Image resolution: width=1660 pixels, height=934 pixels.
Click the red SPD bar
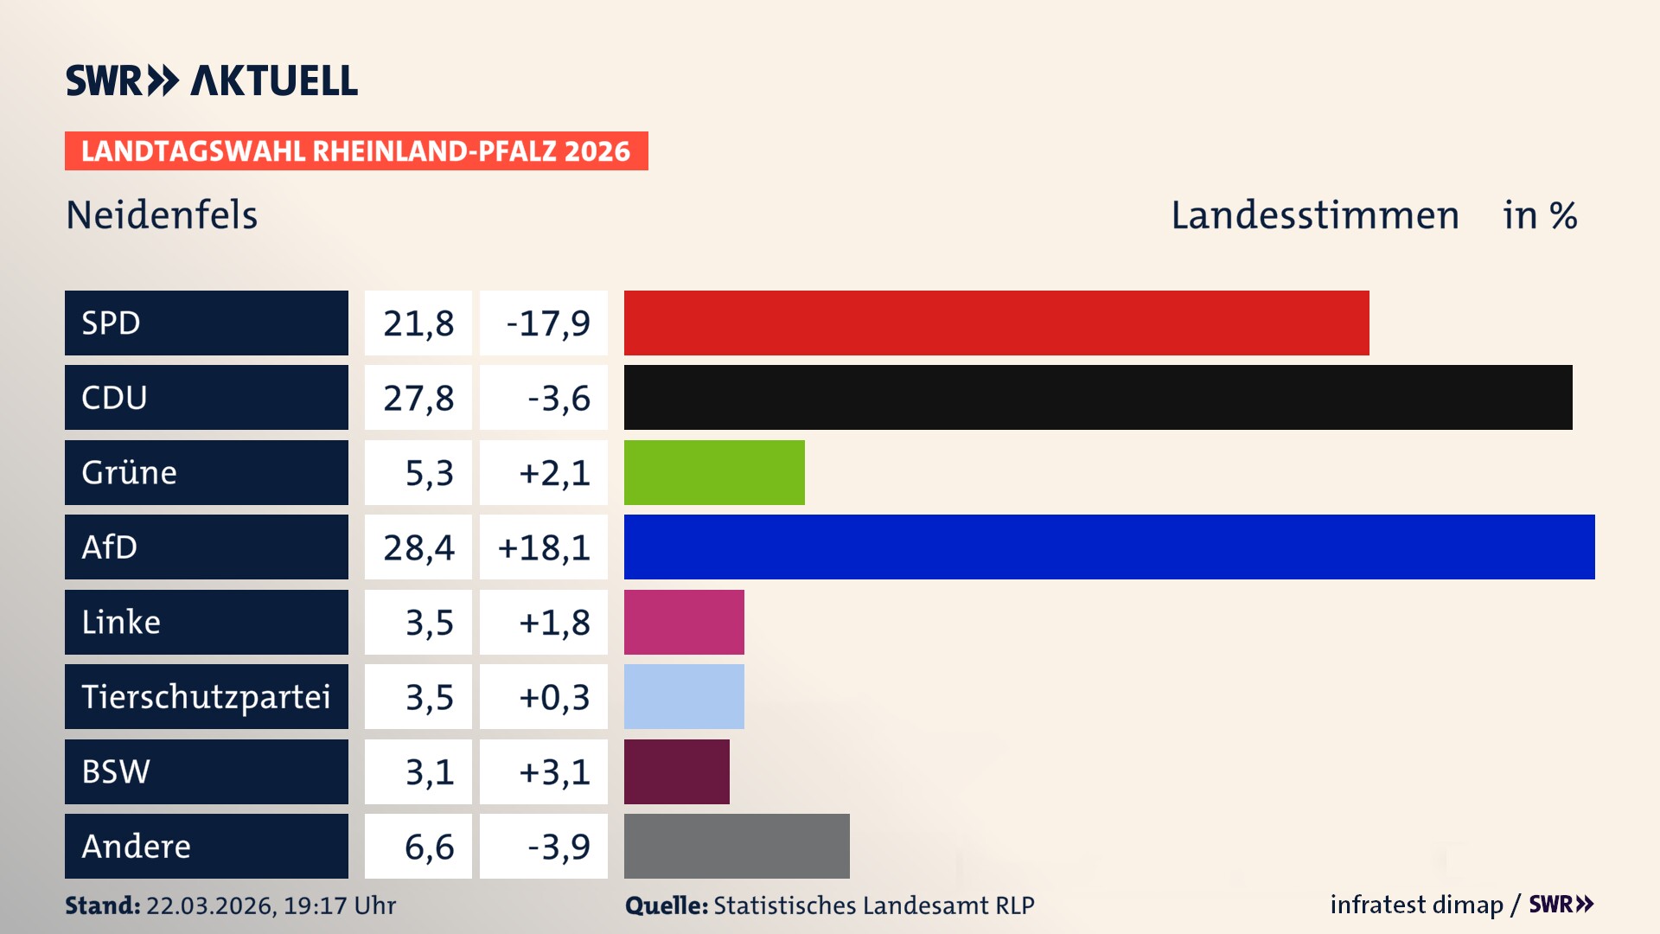point(996,323)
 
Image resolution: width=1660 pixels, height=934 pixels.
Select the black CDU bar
point(1098,398)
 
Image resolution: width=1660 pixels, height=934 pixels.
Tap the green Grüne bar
point(714,472)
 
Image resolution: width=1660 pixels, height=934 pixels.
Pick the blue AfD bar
point(1109,547)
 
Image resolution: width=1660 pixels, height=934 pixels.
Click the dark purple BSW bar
point(676,771)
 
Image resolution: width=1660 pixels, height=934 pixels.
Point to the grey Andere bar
point(737,846)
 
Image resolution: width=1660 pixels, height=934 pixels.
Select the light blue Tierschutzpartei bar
point(684,696)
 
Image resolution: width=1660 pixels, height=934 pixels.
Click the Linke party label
point(121,622)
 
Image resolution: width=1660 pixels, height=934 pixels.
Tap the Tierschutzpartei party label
point(206,696)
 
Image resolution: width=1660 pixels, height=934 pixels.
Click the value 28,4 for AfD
point(418,547)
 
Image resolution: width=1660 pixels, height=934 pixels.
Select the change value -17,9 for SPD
point(547,323)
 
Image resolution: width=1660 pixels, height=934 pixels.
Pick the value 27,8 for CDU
point(418,398)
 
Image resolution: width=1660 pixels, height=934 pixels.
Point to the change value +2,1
point(553,473)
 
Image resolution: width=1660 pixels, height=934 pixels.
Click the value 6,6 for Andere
point(429,847)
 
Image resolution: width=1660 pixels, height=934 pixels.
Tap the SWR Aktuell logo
point(211,80)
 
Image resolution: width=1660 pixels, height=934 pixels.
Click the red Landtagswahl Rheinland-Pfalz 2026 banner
point(355,151)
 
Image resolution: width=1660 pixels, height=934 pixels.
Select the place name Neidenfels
point(162,214)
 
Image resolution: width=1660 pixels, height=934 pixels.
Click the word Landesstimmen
point(1314,214)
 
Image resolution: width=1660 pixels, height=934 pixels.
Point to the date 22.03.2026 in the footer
point(210,905)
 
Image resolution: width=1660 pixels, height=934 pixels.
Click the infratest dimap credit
point(1416,905)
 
